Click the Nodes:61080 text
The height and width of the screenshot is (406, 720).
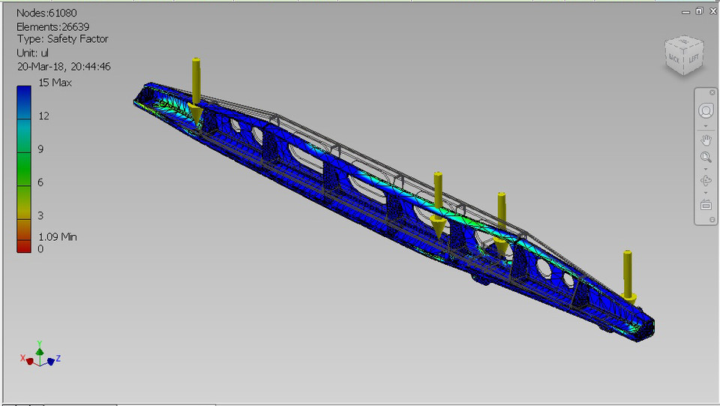click(46, 13)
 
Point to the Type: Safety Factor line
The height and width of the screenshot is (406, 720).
click(62, 39)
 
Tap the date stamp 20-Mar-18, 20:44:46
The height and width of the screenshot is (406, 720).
click(64, 67)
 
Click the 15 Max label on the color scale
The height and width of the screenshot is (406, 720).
click(54, 83)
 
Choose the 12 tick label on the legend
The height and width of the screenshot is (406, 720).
click(43, 116)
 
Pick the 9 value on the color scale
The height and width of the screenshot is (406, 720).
click(40, 149)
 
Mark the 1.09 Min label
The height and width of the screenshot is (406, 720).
click(57, 237)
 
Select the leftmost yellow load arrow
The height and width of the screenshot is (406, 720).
click(196, 90)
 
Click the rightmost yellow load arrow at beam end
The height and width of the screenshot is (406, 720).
click(628, 277)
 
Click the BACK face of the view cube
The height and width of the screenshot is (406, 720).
click(674, 59)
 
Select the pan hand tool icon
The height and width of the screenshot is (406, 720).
click(706, 140)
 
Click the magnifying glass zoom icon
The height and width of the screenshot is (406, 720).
click(706, 158)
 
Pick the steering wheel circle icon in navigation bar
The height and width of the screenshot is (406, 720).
click(706, 111)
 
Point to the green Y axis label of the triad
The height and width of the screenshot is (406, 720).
click(40, 342)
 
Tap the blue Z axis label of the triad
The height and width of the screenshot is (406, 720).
click(58, 359)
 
